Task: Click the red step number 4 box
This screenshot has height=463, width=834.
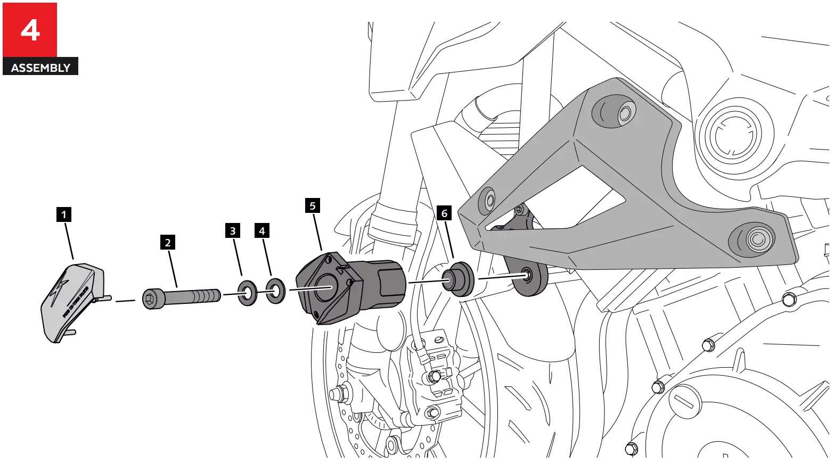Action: [30, 30]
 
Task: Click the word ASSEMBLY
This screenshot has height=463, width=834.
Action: [40, 68]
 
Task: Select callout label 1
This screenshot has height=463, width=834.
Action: [64, 214]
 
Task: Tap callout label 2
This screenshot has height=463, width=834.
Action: [168, 243]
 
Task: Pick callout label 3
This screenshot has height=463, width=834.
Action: [232, 231]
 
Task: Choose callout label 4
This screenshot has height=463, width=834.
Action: [261, 231]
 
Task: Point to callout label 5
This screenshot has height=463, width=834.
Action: [313, 206]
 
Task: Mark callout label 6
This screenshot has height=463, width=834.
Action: [444, 213]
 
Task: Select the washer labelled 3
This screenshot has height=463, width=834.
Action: [247, 292]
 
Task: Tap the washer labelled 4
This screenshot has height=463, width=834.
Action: [275, 291]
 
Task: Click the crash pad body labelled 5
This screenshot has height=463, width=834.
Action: [346, 287]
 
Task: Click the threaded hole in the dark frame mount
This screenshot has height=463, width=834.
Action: [527, 274]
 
